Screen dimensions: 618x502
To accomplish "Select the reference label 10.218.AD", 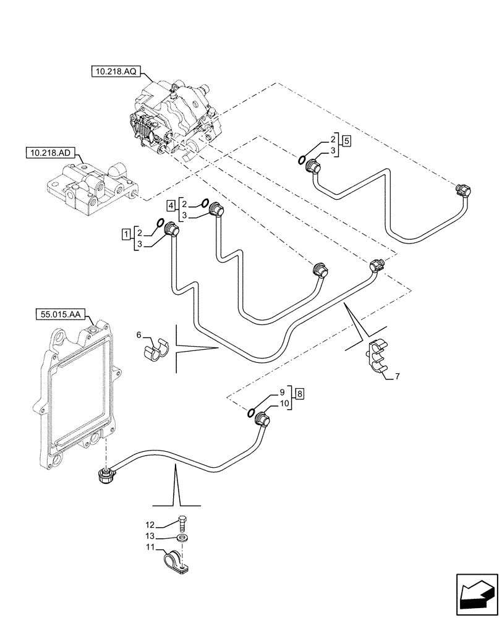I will [48, 151].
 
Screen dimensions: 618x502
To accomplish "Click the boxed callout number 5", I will [347, 141].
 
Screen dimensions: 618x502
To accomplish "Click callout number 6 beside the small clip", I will [139, 334].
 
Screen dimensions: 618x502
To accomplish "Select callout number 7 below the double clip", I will [396, 376].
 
